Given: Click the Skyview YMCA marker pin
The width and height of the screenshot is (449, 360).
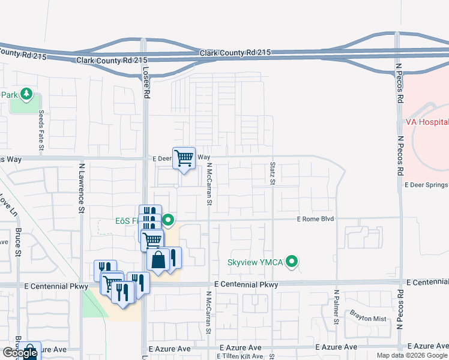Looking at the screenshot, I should pyautogui.click(x=292, y=262).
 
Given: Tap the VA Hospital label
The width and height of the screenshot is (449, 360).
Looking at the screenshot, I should pyautogui.click(x=427, y=122).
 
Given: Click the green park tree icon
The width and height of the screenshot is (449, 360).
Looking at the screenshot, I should pyautogui.click(x=26, y=94).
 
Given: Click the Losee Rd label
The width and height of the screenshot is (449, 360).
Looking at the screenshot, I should pyautogui.click(x=145, y=82).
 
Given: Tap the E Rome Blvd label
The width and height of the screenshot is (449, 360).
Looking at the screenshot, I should pyautogui.click(x=315, y=220).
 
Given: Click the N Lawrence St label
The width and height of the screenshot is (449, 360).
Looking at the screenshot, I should pyautogui.click(x=81, y=186).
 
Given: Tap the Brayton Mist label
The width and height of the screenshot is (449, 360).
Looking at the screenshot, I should pyautogui.click(x=369, y=317).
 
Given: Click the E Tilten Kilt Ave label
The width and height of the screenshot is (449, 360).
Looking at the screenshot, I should pyautogui.click(x=241, y=356).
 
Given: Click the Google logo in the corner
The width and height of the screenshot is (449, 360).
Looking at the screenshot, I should pyautogui.click(x=20, y=353).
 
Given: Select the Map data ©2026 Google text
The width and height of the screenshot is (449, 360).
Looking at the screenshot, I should pyautogui.click(x=412, y=355).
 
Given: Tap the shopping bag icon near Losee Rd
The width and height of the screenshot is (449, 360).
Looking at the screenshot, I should pyautogui.click(x=158, y=260).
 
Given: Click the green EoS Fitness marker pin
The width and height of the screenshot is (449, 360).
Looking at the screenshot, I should pyautogui.click(x=169, y=220).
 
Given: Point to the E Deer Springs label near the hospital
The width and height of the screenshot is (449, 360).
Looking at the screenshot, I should pyautogui.click(x=426, y=185).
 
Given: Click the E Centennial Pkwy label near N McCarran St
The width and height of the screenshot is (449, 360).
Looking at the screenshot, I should pyautogui.click(x=246, y=284).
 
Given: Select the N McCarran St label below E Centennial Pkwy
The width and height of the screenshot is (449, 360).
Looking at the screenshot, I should pyautogui.click(x=208, y=312).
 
